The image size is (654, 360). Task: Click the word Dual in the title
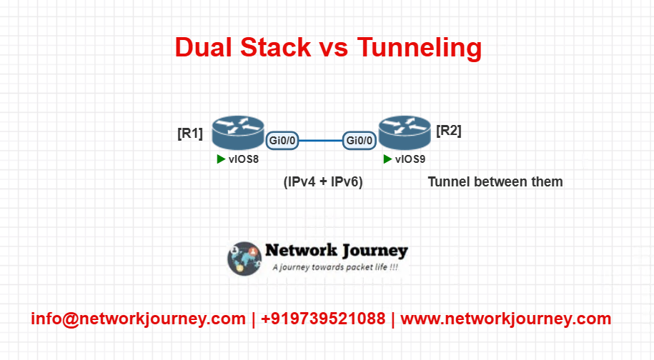click(x=203, y=47)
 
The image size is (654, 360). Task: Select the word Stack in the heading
click(x=276, y=47)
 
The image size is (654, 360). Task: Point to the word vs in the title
click(x=334, y=49)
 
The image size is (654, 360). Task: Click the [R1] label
click(x=190, y=134)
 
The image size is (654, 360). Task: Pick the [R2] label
click(x=449, y=131)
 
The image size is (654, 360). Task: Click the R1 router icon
click(x=238, y=133)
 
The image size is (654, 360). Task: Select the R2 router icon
click(x=405, y=133)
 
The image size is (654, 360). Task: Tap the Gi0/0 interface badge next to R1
click(x=282, y=141)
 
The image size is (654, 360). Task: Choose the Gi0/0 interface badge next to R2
click(x=360, y=141)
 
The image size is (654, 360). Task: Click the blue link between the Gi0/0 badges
click(x=321, y=141)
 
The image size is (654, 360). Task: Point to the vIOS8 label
click(x=244, y=159)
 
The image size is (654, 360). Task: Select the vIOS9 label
click(x=410, y=159)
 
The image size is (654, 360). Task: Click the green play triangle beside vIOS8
click(x=221, y=159)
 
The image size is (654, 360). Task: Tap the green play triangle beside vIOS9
click(x=387, y=159)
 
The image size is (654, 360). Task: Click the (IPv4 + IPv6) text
click(x=323, y=181)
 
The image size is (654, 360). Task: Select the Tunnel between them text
click(x=495, y=181)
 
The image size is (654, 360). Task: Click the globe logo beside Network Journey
click(x=244, y=259)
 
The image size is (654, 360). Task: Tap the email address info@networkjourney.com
click(x=139, y=319)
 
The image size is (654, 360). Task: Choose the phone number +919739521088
click(x=323, y=319)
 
